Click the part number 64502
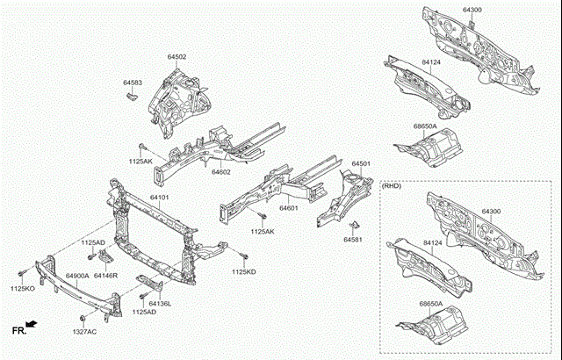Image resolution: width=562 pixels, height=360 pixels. (x=177, y=57)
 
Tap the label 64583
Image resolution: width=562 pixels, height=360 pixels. (x=132, y=83)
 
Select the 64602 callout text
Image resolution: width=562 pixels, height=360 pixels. (x=220, y=173)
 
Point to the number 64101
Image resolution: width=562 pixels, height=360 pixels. (x=159, y=198)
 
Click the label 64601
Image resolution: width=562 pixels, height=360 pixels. (x=291, y=208)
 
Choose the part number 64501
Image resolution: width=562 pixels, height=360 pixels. (x=362, y=164)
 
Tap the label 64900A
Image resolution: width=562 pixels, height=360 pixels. (x=77, y=276)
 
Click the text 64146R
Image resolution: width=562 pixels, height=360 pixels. (x=106, y=276)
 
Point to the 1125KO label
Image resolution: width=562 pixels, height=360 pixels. (x=23, y=289)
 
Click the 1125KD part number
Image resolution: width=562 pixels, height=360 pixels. (x=244, y=272)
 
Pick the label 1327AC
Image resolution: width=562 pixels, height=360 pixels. (x=84, y=331)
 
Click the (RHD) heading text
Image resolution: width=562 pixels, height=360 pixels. (x=392, y=186)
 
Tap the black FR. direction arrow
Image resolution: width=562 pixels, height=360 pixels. (x=32, y=325)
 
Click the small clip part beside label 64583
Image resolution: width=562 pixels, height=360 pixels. (x=133, y=95)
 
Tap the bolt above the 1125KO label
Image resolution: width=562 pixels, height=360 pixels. (x=19, y=276)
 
